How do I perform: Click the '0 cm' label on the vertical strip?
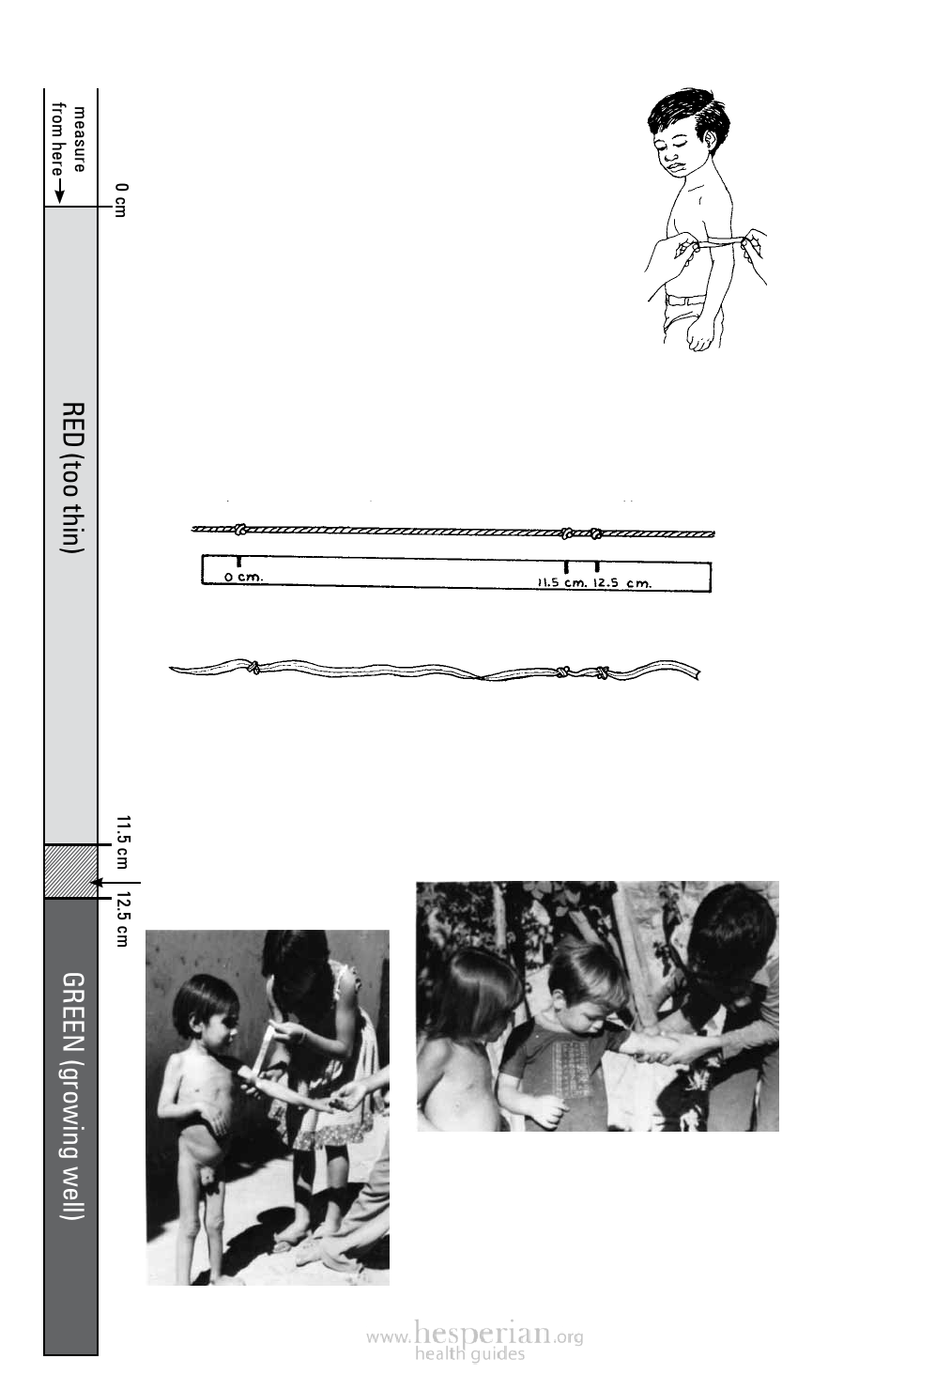121,200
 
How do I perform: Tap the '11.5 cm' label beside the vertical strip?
122,841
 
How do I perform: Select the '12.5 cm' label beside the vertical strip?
122,920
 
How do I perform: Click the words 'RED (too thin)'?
72,477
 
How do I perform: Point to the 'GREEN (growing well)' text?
72,1095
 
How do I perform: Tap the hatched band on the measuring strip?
70,872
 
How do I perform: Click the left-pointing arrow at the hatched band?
115,883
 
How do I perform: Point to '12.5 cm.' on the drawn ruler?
621,582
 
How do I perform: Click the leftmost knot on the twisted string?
241,529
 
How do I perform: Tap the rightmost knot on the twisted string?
595,533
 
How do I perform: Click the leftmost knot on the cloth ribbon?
252,667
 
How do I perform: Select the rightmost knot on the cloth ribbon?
603,672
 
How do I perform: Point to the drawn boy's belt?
686,301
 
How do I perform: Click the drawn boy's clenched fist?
701,335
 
